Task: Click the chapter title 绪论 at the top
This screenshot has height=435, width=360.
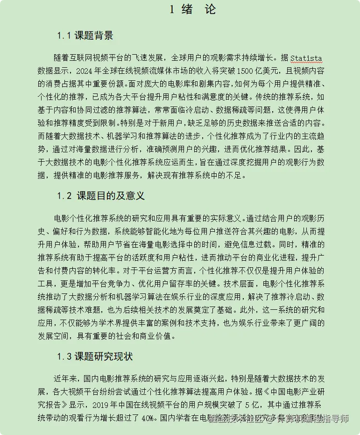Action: [192, 9]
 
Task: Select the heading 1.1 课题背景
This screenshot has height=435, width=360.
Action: [85, 36]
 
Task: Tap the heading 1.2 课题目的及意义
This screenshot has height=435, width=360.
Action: [101, 196]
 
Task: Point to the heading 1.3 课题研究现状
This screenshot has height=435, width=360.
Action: [95, 357]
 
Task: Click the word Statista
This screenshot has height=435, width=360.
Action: [306, 58]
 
